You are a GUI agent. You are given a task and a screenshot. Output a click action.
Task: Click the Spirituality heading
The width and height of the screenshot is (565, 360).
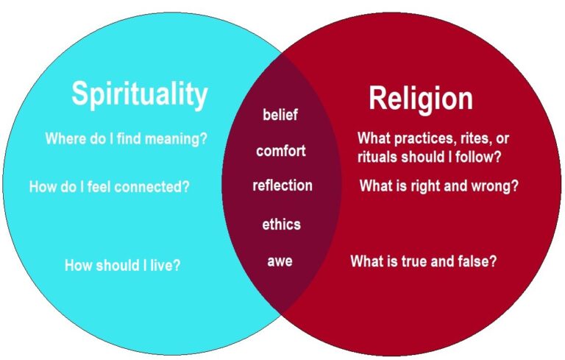[x=139, y=95]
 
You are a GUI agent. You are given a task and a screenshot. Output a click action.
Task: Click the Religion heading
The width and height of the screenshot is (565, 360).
[x=420, y=98]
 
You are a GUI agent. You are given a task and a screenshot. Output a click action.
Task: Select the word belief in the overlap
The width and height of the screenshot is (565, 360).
[x=280, y=115]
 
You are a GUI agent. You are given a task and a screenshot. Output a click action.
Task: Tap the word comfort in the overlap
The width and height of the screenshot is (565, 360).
[x=280, y=151]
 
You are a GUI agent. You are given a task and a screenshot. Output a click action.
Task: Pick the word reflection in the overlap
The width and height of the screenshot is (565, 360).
[x=282, y=186]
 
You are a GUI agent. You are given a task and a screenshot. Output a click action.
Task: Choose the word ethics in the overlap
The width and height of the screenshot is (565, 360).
[x=281, y=225]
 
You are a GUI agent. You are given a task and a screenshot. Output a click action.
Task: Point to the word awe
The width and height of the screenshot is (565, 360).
[x=280, y=261]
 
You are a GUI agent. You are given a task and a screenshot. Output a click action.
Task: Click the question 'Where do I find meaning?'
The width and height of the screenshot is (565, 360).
[x=126, y=138]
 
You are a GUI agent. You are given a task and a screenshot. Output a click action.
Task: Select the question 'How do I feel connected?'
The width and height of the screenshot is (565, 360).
[x=109, y=187]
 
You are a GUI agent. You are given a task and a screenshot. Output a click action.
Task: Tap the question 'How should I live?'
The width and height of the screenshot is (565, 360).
[x=122, y=265]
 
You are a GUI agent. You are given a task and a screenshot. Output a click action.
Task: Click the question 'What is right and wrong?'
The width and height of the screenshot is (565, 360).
[x=438, y=186]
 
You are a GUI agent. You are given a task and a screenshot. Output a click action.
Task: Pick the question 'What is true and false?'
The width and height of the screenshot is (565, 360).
[x=423, y=261]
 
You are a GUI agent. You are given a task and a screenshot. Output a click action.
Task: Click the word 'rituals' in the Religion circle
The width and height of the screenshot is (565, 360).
[x=379, y=157]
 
